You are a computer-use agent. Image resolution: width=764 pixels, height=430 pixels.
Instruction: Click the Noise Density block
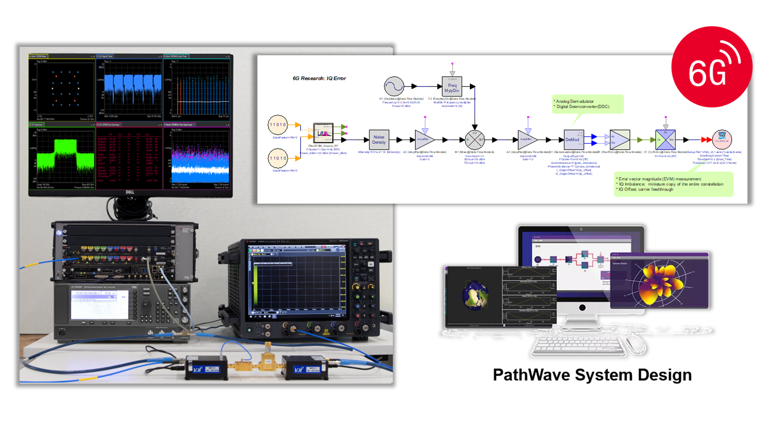[x=379, y=140]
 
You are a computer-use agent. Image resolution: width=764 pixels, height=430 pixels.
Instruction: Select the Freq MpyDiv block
[x=452, y=87]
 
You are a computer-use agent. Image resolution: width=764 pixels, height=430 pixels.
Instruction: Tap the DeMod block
[x=573, y=140]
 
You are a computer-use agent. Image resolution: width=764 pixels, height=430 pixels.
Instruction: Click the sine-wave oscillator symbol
[x=394, y=86]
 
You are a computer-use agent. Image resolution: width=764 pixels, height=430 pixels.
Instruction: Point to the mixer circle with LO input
[x=475, y=140]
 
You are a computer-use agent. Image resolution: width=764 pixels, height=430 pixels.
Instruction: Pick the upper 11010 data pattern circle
[x=277, y=125]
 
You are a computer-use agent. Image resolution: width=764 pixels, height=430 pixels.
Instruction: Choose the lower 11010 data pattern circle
[x=277, y=158]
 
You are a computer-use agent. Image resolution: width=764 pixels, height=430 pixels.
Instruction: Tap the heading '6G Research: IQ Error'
[x=319, y=78]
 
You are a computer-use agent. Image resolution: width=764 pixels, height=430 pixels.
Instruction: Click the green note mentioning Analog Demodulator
[x=587, y=104]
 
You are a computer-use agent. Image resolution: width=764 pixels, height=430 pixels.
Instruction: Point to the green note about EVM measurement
[x=673, y=184]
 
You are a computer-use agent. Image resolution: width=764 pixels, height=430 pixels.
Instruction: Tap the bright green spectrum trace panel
[x=62, y=155]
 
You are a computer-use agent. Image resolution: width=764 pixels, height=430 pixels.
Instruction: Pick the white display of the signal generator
[x=99, y=305]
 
